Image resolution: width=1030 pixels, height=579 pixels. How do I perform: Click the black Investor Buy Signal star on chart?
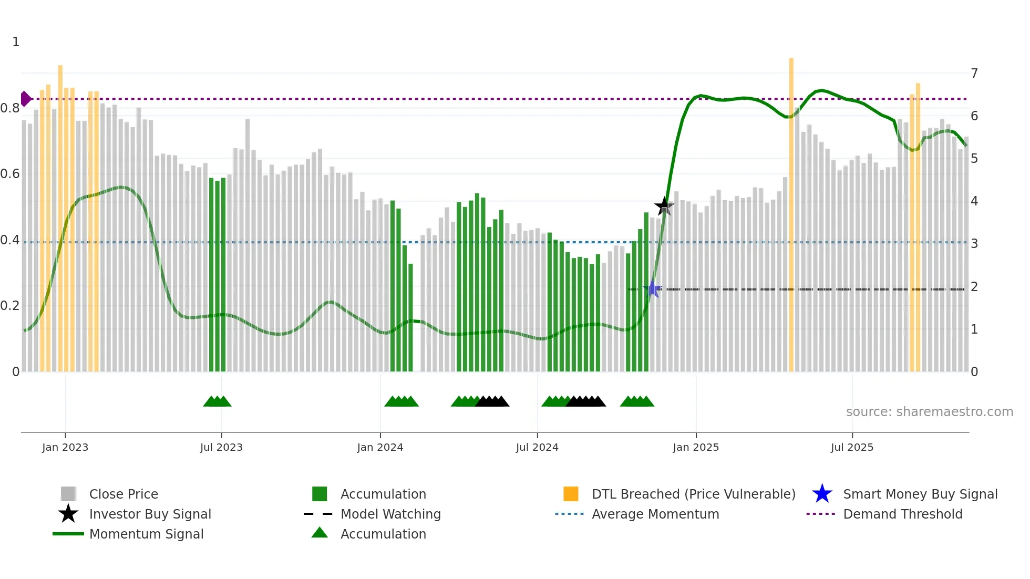pyautogui.click(x=664, y=206)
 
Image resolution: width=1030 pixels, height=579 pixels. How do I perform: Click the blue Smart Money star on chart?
pyautogui.click(x=653, y=288)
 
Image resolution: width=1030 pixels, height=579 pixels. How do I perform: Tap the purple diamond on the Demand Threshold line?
pyautogui.click(x=25, y=99)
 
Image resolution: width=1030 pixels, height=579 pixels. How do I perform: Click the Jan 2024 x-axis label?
pyautogui.click(x=380, y=447)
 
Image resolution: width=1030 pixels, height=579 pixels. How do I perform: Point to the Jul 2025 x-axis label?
pyautogui.click(x=852, y=447)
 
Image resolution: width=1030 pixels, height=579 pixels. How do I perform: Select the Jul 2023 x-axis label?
pyautogui.click(x=221, y=447)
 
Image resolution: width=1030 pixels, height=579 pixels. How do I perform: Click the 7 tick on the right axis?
pyautogui.click(x=974, y=73)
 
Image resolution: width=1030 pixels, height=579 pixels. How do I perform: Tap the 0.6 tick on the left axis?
pyautogui.click(x=11, y=174)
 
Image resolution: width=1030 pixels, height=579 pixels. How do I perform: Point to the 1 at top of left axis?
pyautogui.click(x=16, y=42)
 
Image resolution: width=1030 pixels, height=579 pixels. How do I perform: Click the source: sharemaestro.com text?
pyautogui.click(x=929, y=412)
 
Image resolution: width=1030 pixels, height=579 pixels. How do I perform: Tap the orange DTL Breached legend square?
pyautogui.click(x=571, y=494)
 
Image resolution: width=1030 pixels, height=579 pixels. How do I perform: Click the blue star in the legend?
pyautogui.click(x=822, y=494)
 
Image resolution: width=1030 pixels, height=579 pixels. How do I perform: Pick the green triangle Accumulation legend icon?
pyautogui.click(x=320, y=533)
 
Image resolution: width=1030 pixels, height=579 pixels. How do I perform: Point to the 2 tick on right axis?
pyautogui.click(x=974, y=287)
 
